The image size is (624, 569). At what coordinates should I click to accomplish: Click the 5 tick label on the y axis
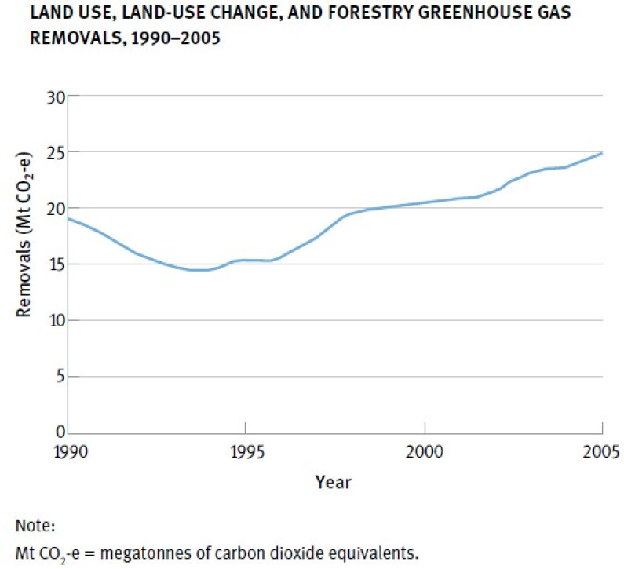click(x=58, y=377)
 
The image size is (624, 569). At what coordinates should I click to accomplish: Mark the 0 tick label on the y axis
click(x=58, y=432)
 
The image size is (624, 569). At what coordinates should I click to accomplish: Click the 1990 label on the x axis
click(x=68, y=451)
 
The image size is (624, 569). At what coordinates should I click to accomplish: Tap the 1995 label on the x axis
click(x=246, y=451)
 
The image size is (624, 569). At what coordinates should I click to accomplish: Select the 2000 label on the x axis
click(x=424, y=451)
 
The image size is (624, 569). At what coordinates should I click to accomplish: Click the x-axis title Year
click(x=333, y=482)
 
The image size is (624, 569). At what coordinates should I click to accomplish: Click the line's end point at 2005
click(x=602, y=153)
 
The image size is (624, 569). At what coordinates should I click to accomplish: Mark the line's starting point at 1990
click(x=69, y=218)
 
